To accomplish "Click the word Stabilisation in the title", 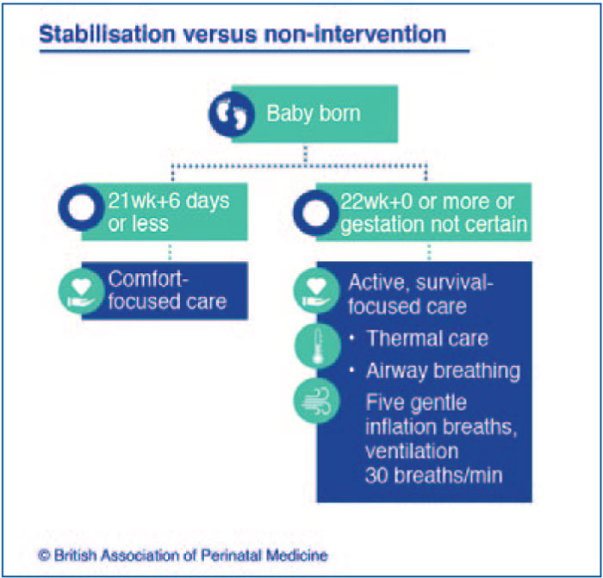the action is tap(108, 34).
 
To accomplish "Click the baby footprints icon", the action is tap(232, 115).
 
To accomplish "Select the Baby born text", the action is tap(314, 114).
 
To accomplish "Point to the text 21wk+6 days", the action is tap(169, 201).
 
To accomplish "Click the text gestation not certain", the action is tap(433, 225).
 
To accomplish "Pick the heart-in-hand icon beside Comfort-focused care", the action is tap(81, 291).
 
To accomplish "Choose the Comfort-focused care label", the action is tap(167, 290).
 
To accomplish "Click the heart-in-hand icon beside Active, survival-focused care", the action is tap(316, 291).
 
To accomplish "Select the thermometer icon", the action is tap(318, 346).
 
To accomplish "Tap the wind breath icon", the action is tap(316, 401).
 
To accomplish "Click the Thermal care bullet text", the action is tap(427, 339).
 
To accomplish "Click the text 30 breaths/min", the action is tap(434, 475).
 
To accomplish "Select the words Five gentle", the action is tap(416, 403).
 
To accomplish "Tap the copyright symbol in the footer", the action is tap(44, 556).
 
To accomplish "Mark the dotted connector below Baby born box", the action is tap(305, 155).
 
